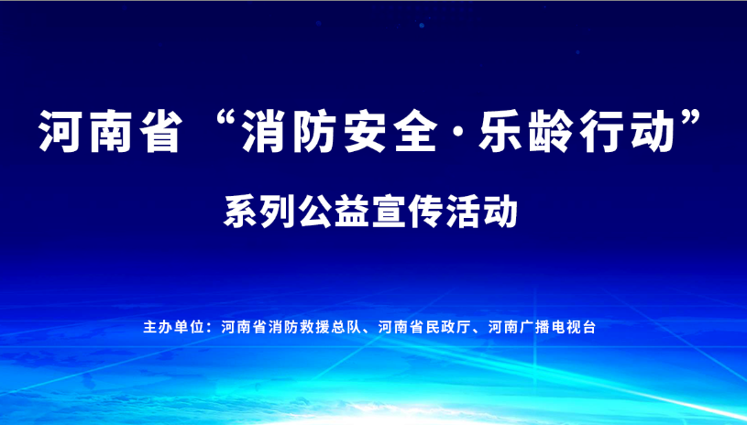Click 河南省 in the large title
click(x=111, y=131)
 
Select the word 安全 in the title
click(x=390, y=131)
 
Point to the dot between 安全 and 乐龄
click(x=457, y=132)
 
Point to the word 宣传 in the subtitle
click(x=408, y=212)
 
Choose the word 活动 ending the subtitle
click(x=481, y=212)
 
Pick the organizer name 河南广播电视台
click(x=542, y=327)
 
